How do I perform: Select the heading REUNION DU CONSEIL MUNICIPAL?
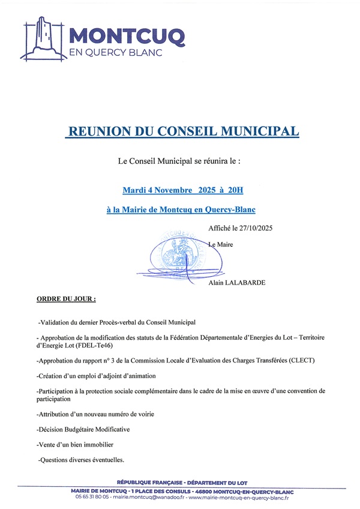(x=182, y=131)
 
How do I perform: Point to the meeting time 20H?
(x=235, y=191)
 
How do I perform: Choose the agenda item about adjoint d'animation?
(x=96, y=376)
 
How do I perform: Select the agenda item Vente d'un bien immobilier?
(x=75, y=445)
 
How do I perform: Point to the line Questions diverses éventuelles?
(x=82, y=460)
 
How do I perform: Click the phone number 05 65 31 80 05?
(x=92, y=498)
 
